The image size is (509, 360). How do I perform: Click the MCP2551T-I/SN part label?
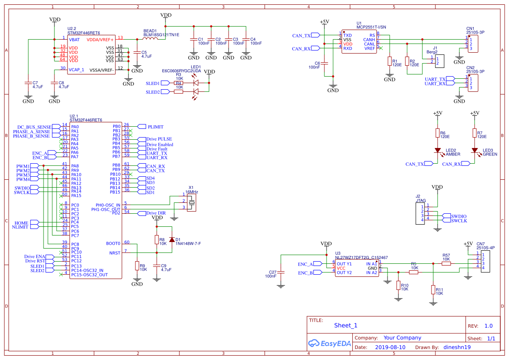coord(371,27)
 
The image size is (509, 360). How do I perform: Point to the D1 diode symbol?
coord(172,239)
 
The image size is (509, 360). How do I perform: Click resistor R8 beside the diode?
coord(157,239)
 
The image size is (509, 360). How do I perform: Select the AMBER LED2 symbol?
coord(438,150)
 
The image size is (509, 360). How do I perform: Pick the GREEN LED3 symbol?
coord(475,150)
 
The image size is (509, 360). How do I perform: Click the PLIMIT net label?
coord(155,127)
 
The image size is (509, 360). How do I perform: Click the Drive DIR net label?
coord(156,213)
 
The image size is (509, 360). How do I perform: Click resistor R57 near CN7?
coord(446,263)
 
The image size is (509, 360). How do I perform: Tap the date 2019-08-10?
coord(390,347)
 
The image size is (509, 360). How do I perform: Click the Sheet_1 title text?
coord(346,325)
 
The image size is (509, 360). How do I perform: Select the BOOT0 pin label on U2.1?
coord(113,243)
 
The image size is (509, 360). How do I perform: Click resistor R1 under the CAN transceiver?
coord(390,62)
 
